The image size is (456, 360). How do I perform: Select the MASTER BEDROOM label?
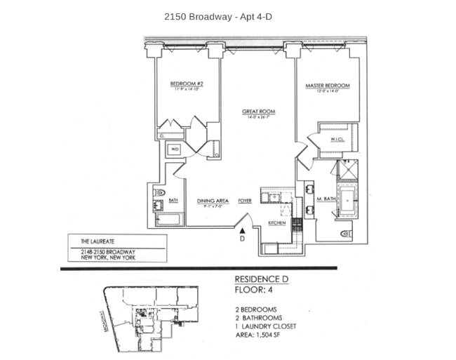(x=327, y=86)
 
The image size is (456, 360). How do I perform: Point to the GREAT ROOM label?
(x=258, y=112)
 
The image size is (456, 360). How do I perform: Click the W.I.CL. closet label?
(x=336, y=139)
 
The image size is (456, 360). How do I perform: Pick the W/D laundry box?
(x=175, y=149)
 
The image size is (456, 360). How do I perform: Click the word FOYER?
(x=245, y=200)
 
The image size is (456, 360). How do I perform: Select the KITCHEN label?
(x=277, y=223)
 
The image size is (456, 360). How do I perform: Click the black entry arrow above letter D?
(x=243, y=228)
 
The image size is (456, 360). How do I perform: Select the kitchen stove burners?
(x=297, y=225)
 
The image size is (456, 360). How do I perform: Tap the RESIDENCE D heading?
(x=262, y=279)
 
